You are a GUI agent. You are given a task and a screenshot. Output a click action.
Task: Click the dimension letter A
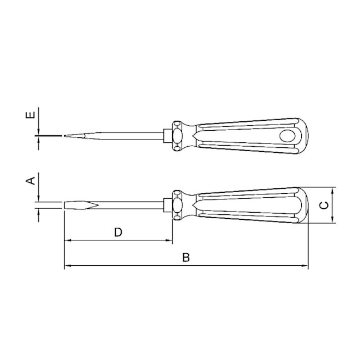click(x=32, y=180)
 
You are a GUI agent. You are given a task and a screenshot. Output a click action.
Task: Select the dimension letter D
click(x=118, y=232)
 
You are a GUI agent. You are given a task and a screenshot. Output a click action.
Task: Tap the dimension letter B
click(x=186, y=258)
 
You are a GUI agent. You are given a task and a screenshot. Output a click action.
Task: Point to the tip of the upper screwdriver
click(x=66, y=136)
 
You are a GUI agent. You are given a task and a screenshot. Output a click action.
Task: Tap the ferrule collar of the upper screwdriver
click(x=177, y=135)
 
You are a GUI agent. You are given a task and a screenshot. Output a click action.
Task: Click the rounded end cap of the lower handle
click(x=304, y=205)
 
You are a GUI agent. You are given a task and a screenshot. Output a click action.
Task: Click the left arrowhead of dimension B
click(x=68, y=266)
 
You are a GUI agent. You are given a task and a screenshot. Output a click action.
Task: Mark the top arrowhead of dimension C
click(x=333, y=190)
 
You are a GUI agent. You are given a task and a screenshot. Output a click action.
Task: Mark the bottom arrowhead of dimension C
click(x=333, y=221)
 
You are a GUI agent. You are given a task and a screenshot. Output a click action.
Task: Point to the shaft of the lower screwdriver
click(x=133, y=206)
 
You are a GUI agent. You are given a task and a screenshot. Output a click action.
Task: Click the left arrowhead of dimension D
click(x=68, y=241)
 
